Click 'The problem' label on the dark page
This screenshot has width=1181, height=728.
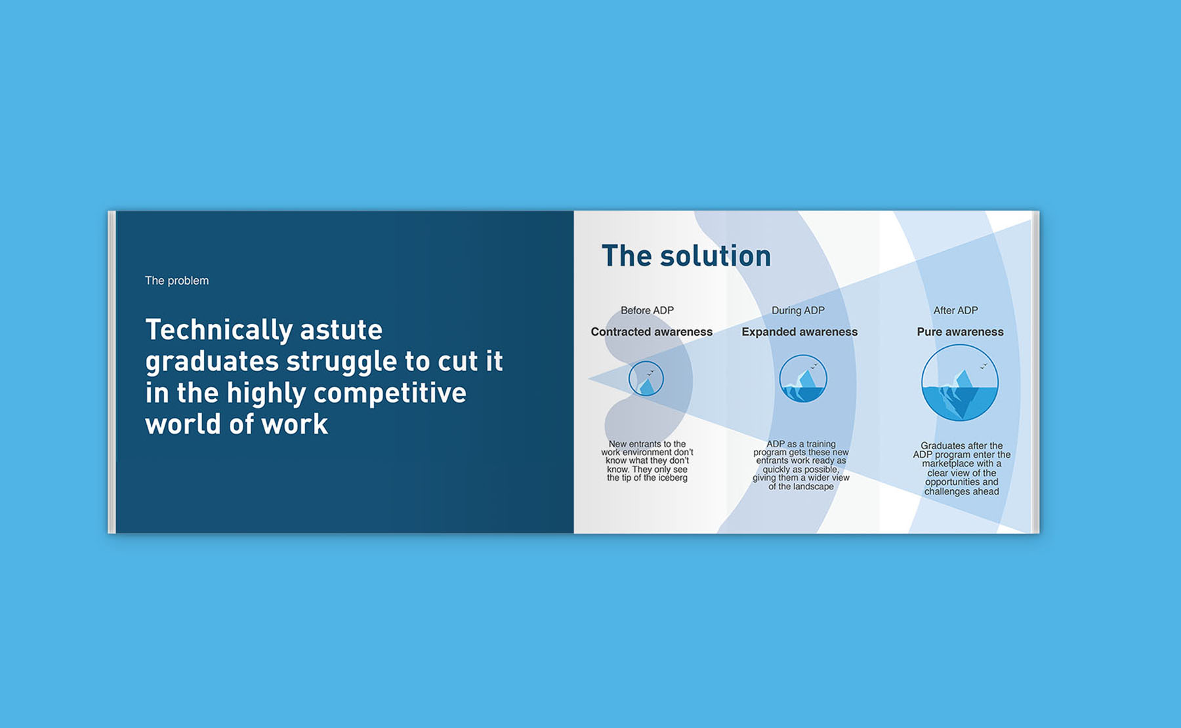coord(176,281)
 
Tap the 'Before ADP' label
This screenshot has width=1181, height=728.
coord(647,310)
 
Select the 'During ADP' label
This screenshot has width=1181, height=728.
coord(798,310)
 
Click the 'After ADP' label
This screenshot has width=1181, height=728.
coord(955,310)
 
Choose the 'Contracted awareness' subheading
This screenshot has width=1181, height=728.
coord(652,332)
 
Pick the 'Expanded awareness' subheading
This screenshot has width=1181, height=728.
coord(800,332)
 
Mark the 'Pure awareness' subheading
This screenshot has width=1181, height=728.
coord(960,332)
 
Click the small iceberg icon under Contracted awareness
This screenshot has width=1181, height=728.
coord(646,378)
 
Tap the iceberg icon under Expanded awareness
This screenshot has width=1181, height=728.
coord(803,378)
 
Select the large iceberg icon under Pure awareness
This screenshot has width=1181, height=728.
coord(960,383)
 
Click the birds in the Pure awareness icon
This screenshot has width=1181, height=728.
coord(984,366)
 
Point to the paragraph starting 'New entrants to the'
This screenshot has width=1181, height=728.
coord(647,461)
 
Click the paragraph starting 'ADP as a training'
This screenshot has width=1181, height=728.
coord(801,465)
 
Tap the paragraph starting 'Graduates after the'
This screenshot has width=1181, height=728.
coord(962,469)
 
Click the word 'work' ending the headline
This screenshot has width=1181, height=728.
coord(295,425)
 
